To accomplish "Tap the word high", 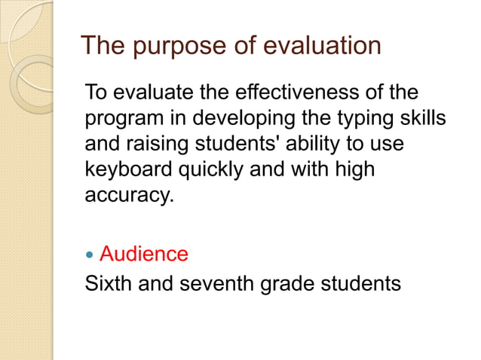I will (354, 170).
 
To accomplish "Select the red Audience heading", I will (144, 254).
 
